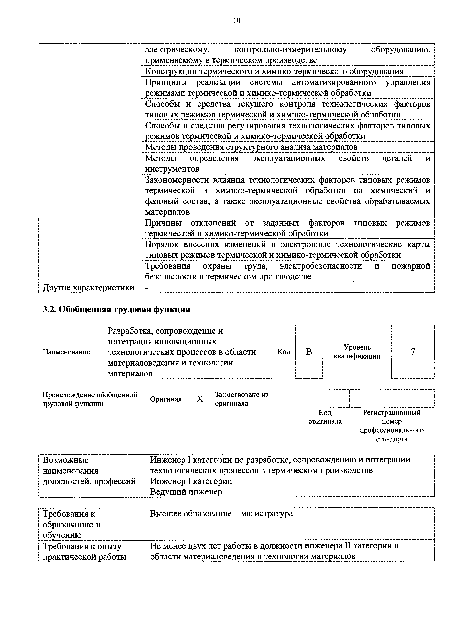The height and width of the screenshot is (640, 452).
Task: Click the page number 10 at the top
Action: coord(237,20)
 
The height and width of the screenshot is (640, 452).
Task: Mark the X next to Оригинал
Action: coord(200,399)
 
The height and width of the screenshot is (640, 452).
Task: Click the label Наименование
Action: coord(66,352)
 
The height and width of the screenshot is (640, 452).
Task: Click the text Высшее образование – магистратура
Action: coord(221,513)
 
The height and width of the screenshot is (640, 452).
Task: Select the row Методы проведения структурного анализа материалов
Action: coord(251,147)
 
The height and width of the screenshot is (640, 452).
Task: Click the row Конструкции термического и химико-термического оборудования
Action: coord(274,71)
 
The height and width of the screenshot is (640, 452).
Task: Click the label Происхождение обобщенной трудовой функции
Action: coord(90,399)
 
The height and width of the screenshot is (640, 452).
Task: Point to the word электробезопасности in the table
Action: coord(321,266)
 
